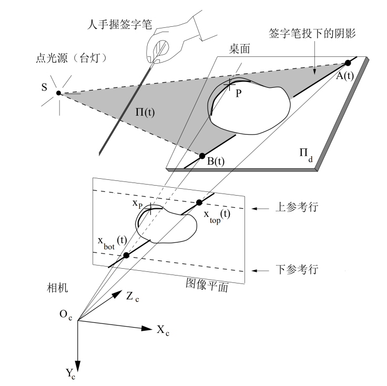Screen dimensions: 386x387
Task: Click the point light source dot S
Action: click(x=59, y=93)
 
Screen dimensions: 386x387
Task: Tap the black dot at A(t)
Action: click(x=348, y=63)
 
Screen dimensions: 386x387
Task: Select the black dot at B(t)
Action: click(x=201, y=156)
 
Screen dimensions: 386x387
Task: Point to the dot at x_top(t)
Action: click(x=199, y=202)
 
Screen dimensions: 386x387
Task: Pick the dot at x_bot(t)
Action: click(x=126, y=256)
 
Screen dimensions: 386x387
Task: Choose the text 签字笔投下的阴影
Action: click(x=312, y=34)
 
